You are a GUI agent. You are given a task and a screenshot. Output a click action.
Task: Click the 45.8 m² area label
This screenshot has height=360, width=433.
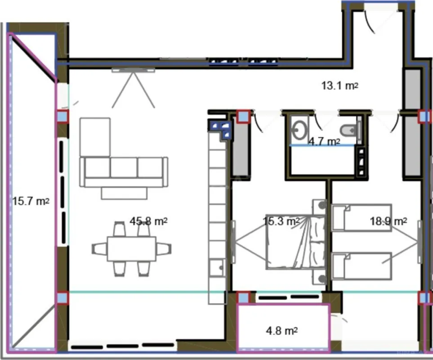click(149, 221)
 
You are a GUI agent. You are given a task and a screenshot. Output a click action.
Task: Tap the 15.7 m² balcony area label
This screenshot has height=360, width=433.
click(30, 201)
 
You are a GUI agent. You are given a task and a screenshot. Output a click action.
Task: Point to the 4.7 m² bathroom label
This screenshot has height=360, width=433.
click(324, 142)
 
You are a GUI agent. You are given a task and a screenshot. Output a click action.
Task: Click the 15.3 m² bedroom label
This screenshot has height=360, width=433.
click(281, 221)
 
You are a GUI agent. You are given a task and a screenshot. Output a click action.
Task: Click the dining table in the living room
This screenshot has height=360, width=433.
click(131, 249)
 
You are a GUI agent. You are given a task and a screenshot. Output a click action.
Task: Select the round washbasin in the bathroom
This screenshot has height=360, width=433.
click(299, 130)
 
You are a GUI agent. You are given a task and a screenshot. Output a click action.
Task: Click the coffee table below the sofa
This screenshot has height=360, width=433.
click(124, 193)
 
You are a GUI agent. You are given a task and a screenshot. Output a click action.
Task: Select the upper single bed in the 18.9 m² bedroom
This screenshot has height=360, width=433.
click(362, 217)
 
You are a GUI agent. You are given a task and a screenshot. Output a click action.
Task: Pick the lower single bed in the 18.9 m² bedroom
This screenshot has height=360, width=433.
click(362, 265)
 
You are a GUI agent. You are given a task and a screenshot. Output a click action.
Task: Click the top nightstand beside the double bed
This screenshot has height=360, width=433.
click(320, 206)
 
